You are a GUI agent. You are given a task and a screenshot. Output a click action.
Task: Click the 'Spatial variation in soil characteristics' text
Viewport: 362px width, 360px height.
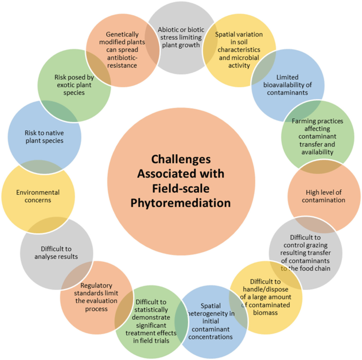tap(239, 50)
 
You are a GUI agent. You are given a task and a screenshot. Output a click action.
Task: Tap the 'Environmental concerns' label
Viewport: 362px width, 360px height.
tap(38, 196)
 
